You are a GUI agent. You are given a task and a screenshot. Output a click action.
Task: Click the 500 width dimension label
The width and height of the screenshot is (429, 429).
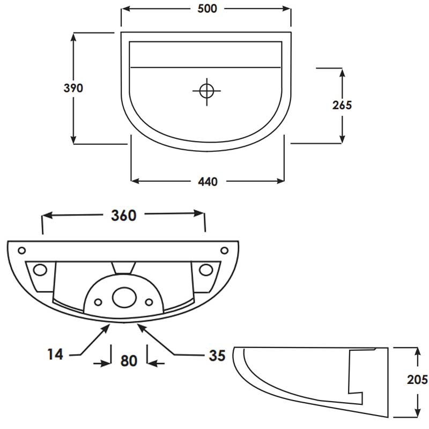pos(206,9)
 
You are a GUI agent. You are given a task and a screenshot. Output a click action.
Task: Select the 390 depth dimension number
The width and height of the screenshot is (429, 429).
pos(73,88)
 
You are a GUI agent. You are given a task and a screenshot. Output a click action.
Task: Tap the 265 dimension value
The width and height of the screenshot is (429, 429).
pos(342,105)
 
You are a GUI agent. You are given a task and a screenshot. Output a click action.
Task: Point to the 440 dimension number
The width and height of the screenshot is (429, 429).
pos(207,182)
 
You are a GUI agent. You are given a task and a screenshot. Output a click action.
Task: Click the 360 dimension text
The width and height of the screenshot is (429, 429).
pos(123,215)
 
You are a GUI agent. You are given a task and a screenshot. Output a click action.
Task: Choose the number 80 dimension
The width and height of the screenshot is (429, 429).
pos(129,361)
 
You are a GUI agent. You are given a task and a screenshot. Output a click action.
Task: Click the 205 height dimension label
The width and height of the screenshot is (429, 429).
pos(417,380)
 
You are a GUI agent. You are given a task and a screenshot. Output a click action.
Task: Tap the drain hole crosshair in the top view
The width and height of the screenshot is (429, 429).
pos(206,91)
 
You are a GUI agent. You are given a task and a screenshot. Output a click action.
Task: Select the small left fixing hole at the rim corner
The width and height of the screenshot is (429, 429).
pos(21,250)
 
